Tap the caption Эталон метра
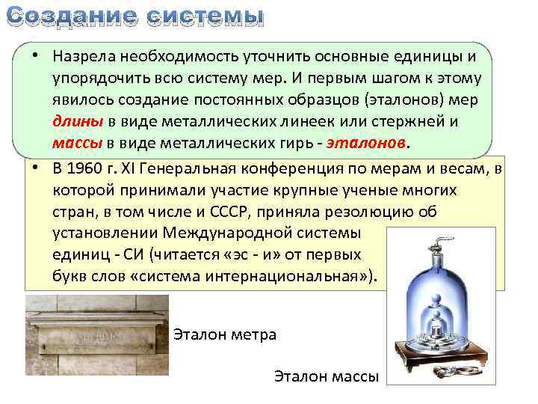(225, 334)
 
